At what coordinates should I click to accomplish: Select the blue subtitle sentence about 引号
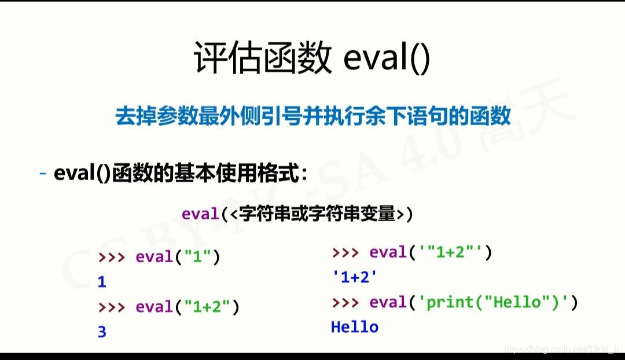tap(312, 116)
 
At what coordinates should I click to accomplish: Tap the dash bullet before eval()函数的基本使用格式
tap(43, 173)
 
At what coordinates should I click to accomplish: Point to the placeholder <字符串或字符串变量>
tap(316, 214)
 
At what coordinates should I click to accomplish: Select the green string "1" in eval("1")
tap(198, 257)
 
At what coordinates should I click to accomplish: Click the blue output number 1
tap(102, 282)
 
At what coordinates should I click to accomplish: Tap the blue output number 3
tap(102, 332)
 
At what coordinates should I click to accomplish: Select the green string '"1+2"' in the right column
tap(448, 252)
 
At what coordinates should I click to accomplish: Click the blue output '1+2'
tap(355, 277)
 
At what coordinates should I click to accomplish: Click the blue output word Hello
tap(354, 327)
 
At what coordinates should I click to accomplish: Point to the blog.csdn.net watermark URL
tap(561, 349)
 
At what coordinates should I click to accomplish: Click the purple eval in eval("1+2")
tap(154, 307)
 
